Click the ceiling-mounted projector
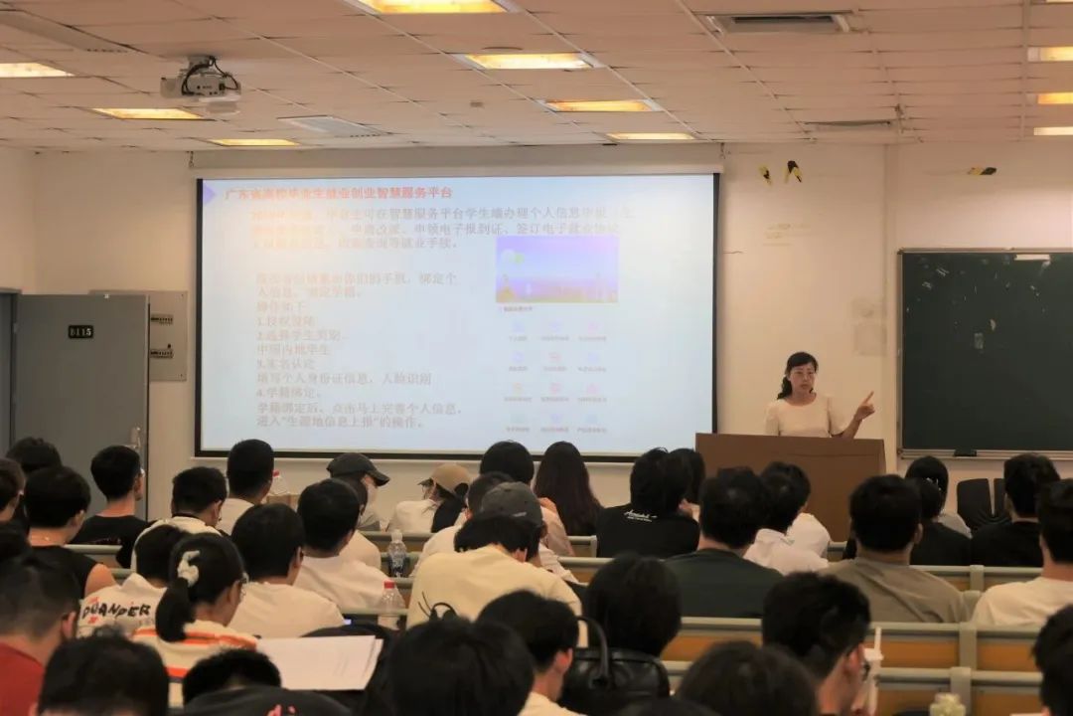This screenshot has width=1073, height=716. tap(202, 84)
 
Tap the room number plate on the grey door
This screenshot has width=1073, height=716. tap(80, 331)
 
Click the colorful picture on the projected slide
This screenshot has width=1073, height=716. tap(556, 268)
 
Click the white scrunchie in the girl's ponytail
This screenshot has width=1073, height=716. tap(188, 568)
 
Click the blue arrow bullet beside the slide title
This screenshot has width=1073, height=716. tap(209, 193)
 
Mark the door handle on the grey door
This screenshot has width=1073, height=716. tap(135, 438)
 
